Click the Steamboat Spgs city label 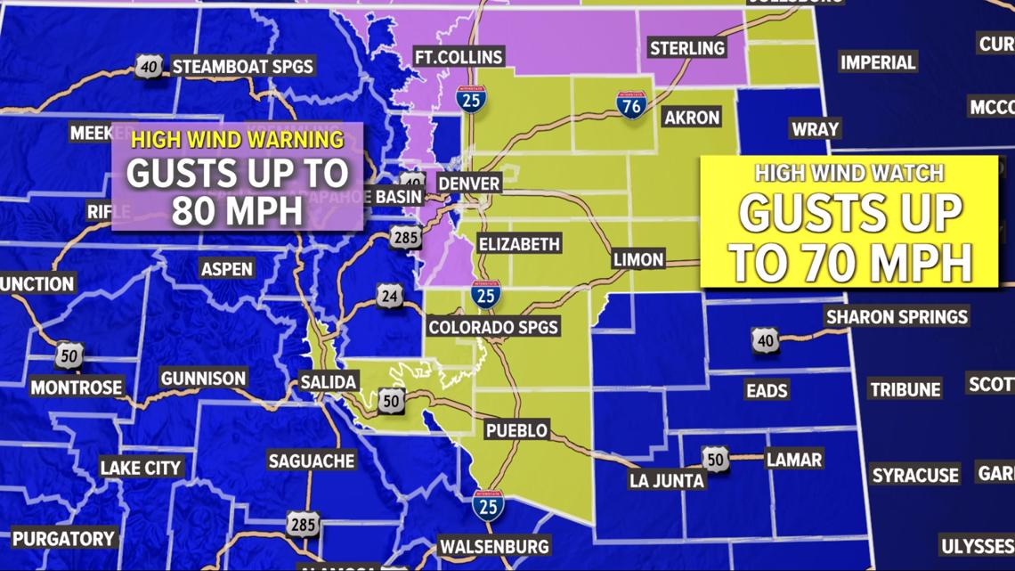(x=242, y=66)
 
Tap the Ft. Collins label (x=459, y=57)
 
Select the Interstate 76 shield (x=631, y=104)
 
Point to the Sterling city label (x=686, y=47)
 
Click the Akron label (x=692, y=117)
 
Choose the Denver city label (x=469, y=184)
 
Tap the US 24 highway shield (x=389, y=296)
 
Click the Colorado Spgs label (x=493, y=327)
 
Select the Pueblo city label (x=516, y=430)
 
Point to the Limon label (x=638, y=259)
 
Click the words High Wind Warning (x=238, y=139)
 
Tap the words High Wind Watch (x=849, y=173)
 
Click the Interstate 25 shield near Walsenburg (x=488, y=505)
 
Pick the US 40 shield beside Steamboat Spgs (x=150, y=66)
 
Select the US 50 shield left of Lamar (x=715, y=459)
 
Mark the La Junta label (x=667, y=480)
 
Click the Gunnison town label (x=203, y=379)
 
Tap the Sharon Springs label (x=897, y=316)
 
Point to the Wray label (x=815, y=129)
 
